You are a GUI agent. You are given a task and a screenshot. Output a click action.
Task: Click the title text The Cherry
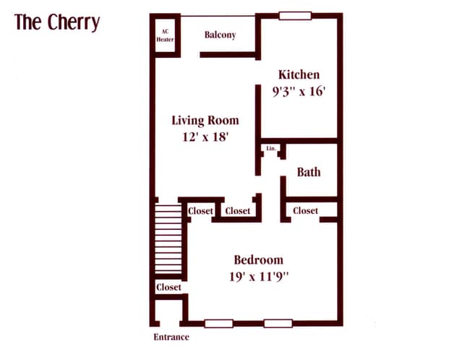pos(56,23)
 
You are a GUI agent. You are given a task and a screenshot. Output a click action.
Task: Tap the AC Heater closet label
pos(165,35)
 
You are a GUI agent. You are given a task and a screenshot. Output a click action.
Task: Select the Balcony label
pos(220,35)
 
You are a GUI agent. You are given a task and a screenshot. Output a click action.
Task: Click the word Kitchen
pos(299,74)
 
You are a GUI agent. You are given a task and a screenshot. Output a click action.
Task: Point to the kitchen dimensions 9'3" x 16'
pos(299,93)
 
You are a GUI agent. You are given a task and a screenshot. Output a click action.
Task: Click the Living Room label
pos(205,120)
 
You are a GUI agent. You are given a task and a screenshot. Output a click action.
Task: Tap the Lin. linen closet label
pos(271,148)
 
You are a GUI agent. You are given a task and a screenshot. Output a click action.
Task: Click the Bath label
pos(309,172)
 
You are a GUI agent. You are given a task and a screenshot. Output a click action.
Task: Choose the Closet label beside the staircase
pos(200,211)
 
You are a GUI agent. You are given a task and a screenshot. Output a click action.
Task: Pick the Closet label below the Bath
pos(305,210)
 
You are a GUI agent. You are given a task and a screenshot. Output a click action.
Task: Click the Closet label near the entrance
pos(168,287)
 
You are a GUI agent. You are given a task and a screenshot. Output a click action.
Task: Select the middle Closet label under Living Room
pos(237,211)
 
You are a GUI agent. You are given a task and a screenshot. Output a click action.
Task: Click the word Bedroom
pos(258,260)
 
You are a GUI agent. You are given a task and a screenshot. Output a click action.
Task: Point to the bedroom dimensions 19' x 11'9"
pos(258,276)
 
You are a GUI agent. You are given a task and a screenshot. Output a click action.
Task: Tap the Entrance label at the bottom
pos(171,337)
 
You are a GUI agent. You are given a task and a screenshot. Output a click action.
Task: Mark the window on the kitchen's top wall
pos(295,15)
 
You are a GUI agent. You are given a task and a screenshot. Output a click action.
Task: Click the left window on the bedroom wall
pos(218,323)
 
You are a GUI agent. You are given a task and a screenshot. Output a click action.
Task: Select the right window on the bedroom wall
pos(278,323)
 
